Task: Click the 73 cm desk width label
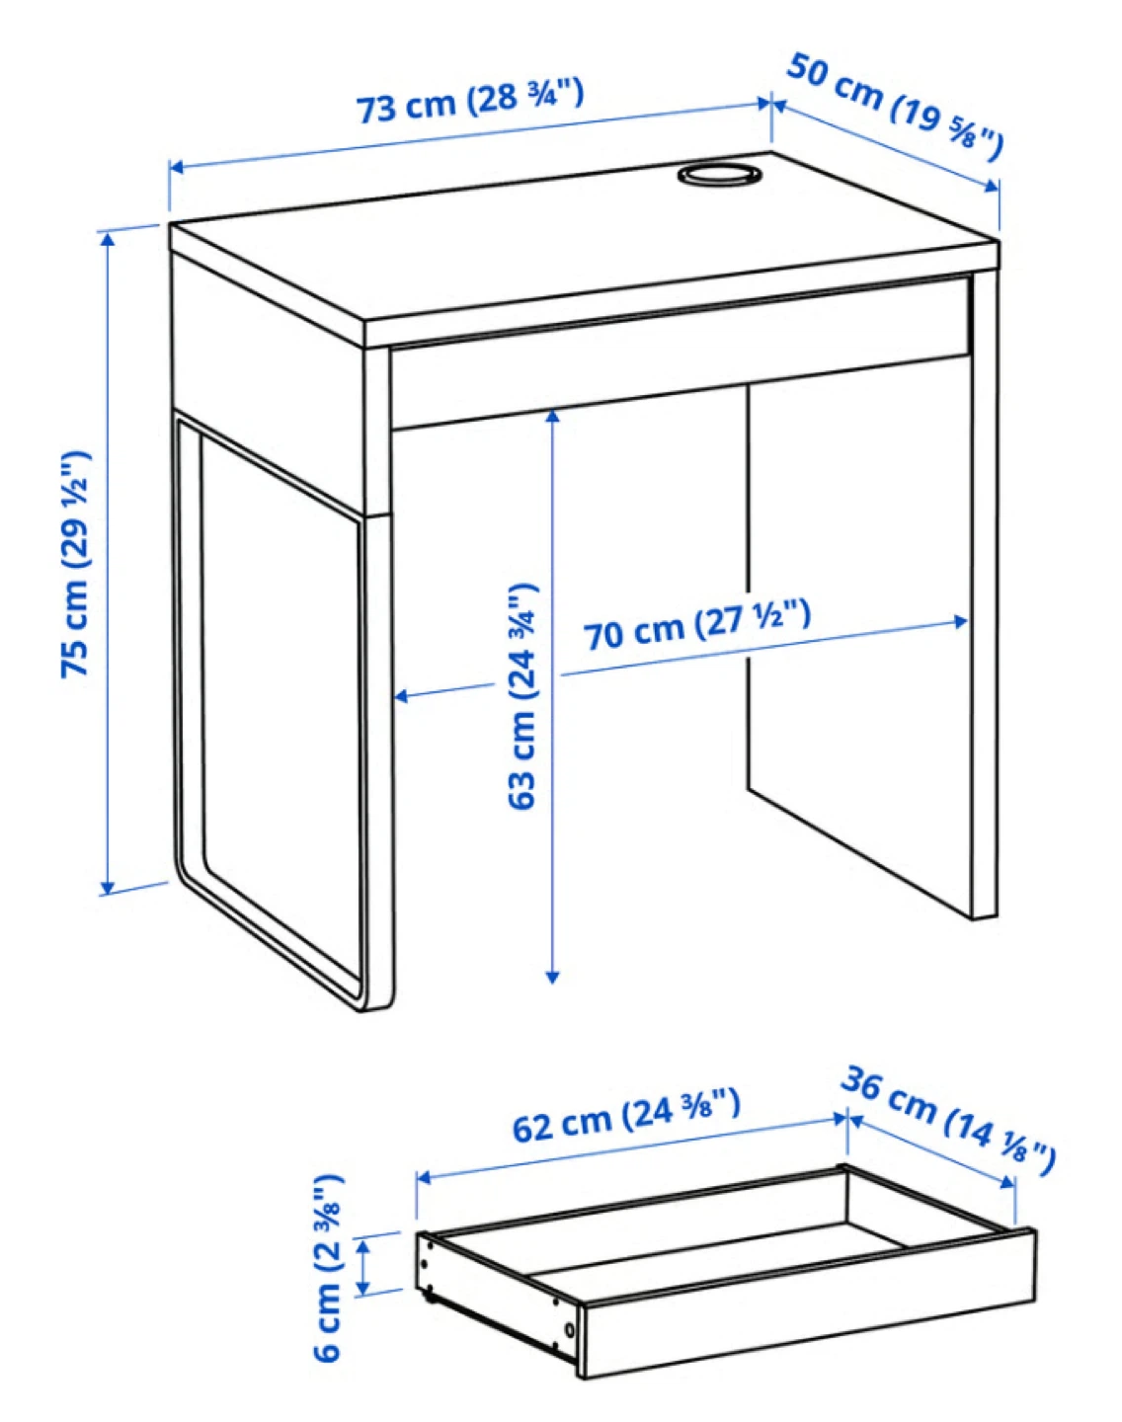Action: pyautogui.click(x=470, y=101)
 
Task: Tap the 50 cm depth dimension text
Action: pyautogui.click(x=895, y=106)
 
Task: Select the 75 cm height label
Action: pyautogui.click(x=76, y=563)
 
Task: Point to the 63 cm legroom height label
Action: pyautogui.click(x=522, y=696)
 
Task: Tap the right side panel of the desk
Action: pyautogui.click(x=984, y=592)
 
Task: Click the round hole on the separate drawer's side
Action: pyautogui.click(x=572, y=1329)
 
